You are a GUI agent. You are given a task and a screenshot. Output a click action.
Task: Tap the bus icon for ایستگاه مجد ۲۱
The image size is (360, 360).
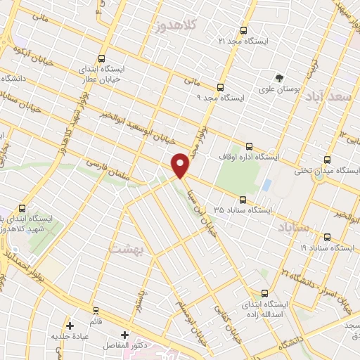(x=244, y=30)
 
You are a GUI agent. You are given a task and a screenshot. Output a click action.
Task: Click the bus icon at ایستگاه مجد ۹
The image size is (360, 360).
(x=221, y=87)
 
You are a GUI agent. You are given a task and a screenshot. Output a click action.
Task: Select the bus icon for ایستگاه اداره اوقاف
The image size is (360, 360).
(x=250, y=146)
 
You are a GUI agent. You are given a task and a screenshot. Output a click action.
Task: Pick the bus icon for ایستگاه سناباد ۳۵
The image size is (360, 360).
(x=243, y=199)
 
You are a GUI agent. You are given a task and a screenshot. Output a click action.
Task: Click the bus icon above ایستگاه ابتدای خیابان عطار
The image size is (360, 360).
(x=103, y=59)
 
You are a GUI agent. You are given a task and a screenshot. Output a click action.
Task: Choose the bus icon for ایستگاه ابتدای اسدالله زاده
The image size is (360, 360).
(x=264, y=293)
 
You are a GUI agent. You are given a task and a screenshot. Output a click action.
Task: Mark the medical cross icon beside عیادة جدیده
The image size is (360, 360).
(x=69, y=326)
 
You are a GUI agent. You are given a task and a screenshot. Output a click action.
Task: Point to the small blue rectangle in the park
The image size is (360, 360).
(x=266, y=186)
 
